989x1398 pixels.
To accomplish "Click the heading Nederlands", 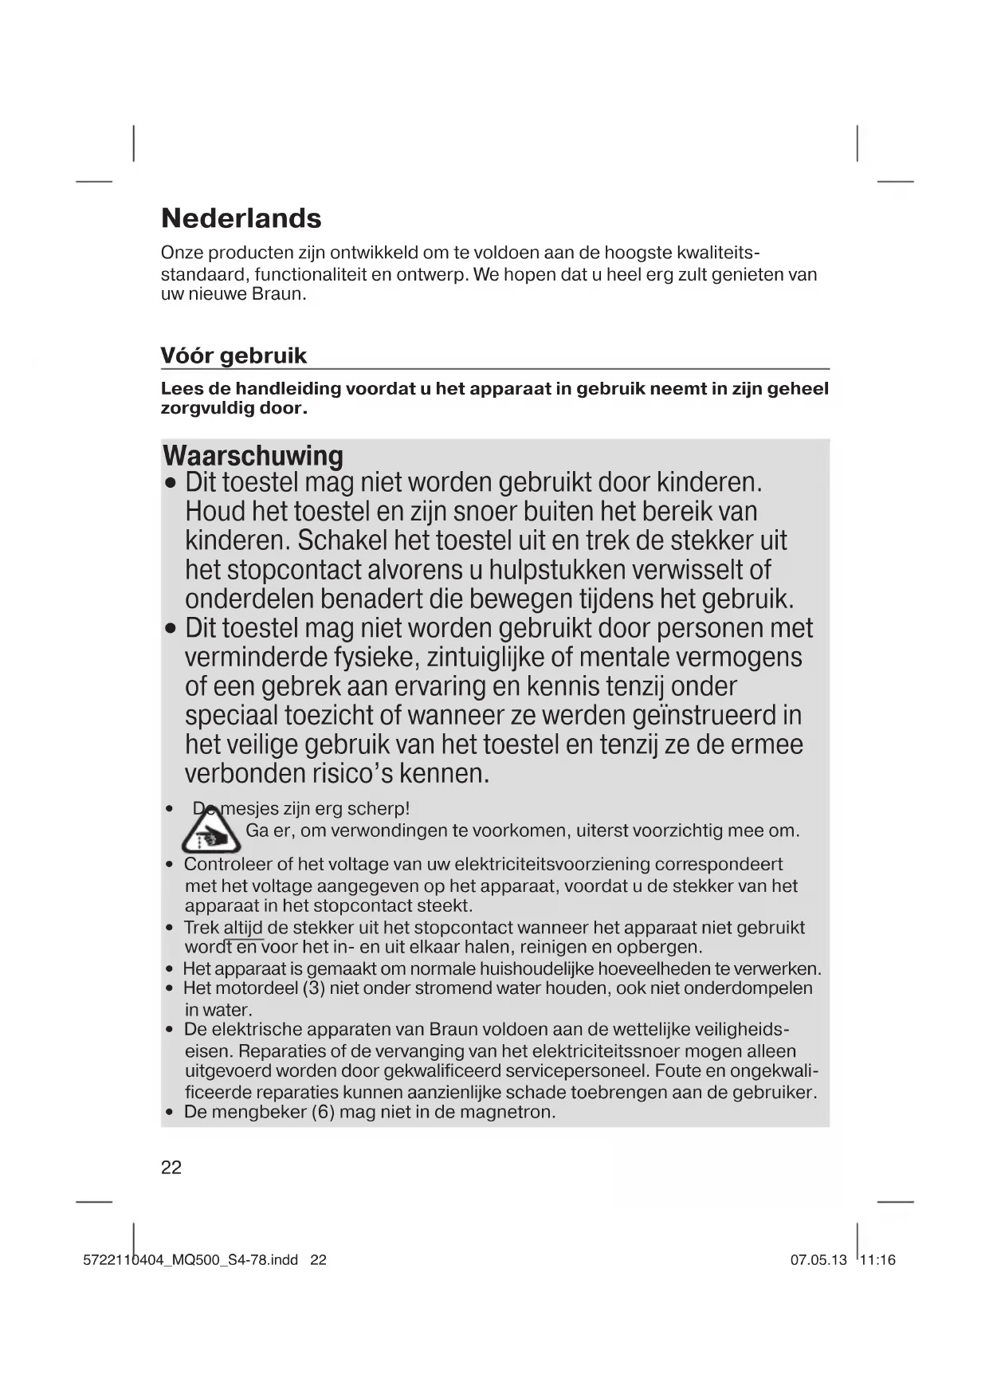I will click(241, 218).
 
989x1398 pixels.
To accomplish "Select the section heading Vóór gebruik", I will click(234, 355).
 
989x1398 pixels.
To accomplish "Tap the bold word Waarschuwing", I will click(253, 456).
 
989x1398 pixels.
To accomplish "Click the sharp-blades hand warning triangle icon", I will click(210, 832).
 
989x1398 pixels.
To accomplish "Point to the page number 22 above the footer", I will click(171, 1168).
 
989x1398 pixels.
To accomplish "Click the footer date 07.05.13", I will click(818, 1260).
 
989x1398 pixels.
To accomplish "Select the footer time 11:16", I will click(878, 1260).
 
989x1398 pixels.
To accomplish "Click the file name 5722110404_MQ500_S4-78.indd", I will click(190, 1260).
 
